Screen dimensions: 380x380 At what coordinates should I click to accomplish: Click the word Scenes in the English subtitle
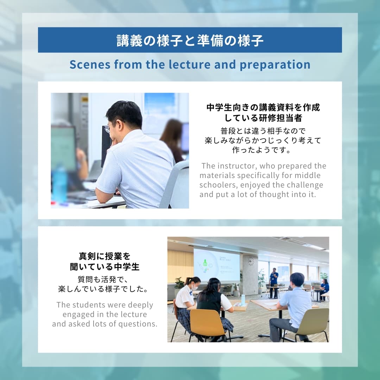pos(90,64)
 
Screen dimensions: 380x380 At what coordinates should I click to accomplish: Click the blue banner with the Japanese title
pos(190,40)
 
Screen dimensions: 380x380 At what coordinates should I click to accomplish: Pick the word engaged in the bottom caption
pos(78,315)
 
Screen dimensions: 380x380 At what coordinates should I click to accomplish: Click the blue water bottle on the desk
pos(59,184)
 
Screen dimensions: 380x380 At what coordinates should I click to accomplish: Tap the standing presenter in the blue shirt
pos(274,283)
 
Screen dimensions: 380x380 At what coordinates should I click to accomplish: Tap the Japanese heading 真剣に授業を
pos(105,256)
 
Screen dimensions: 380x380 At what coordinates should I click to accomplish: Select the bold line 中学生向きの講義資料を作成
pos(263,107)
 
